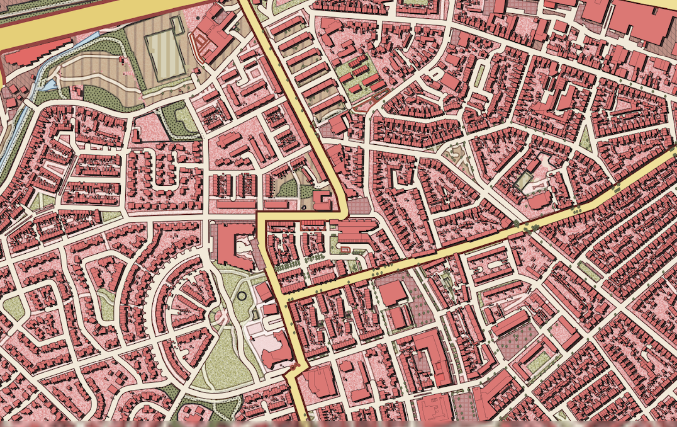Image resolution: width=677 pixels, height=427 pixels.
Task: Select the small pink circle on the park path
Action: tap(221, 316)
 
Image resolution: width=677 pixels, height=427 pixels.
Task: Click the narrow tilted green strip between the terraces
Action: tap(588, 271)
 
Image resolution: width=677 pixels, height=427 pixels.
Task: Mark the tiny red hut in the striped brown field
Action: tap(120, 59)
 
